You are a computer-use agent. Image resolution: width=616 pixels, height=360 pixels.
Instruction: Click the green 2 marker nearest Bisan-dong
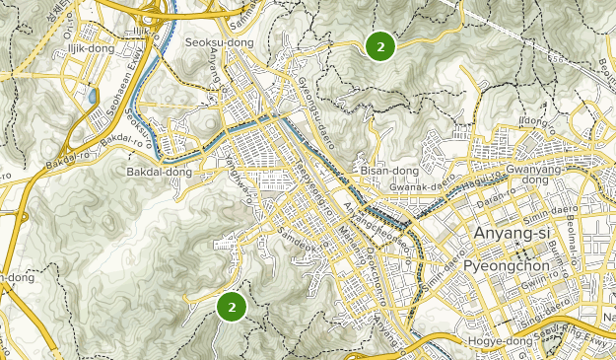pos(380,45)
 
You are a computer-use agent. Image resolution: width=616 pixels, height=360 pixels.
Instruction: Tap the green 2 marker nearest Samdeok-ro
pos(232,307)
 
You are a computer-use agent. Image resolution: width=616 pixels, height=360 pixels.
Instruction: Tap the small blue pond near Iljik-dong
pos(93,97)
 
